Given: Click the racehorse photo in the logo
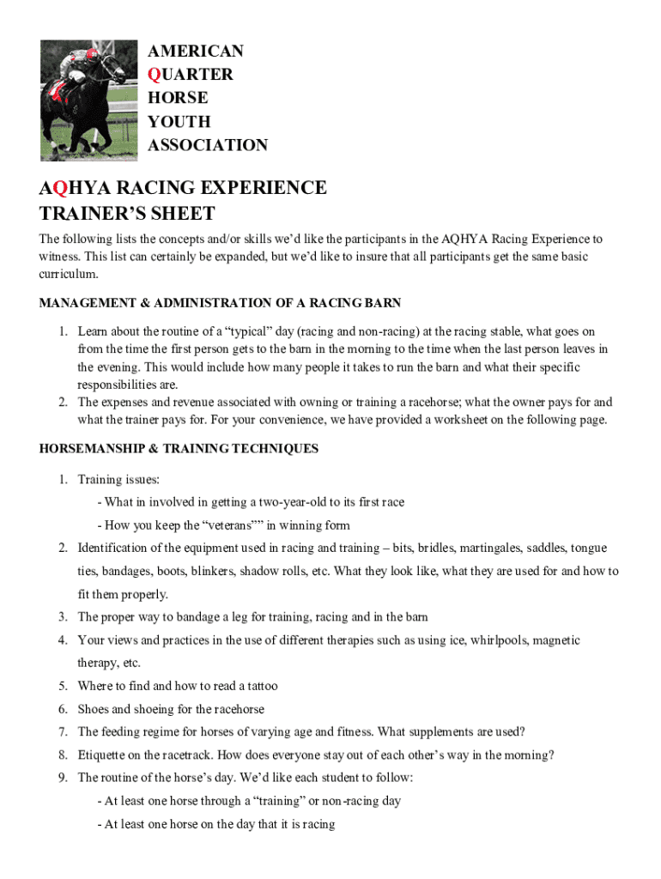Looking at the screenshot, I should [88, 100].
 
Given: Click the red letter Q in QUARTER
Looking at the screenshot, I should [155, 75].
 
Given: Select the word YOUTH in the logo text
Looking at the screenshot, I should [179, 122].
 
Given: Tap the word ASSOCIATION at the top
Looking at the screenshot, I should [208, 145].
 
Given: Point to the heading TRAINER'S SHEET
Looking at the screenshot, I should [127, 214].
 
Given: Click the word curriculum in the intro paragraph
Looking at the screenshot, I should [69, 275].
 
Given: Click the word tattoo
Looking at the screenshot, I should [259, 686].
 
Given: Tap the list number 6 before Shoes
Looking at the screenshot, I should [63, 709].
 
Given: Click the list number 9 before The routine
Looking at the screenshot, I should [63, 778].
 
